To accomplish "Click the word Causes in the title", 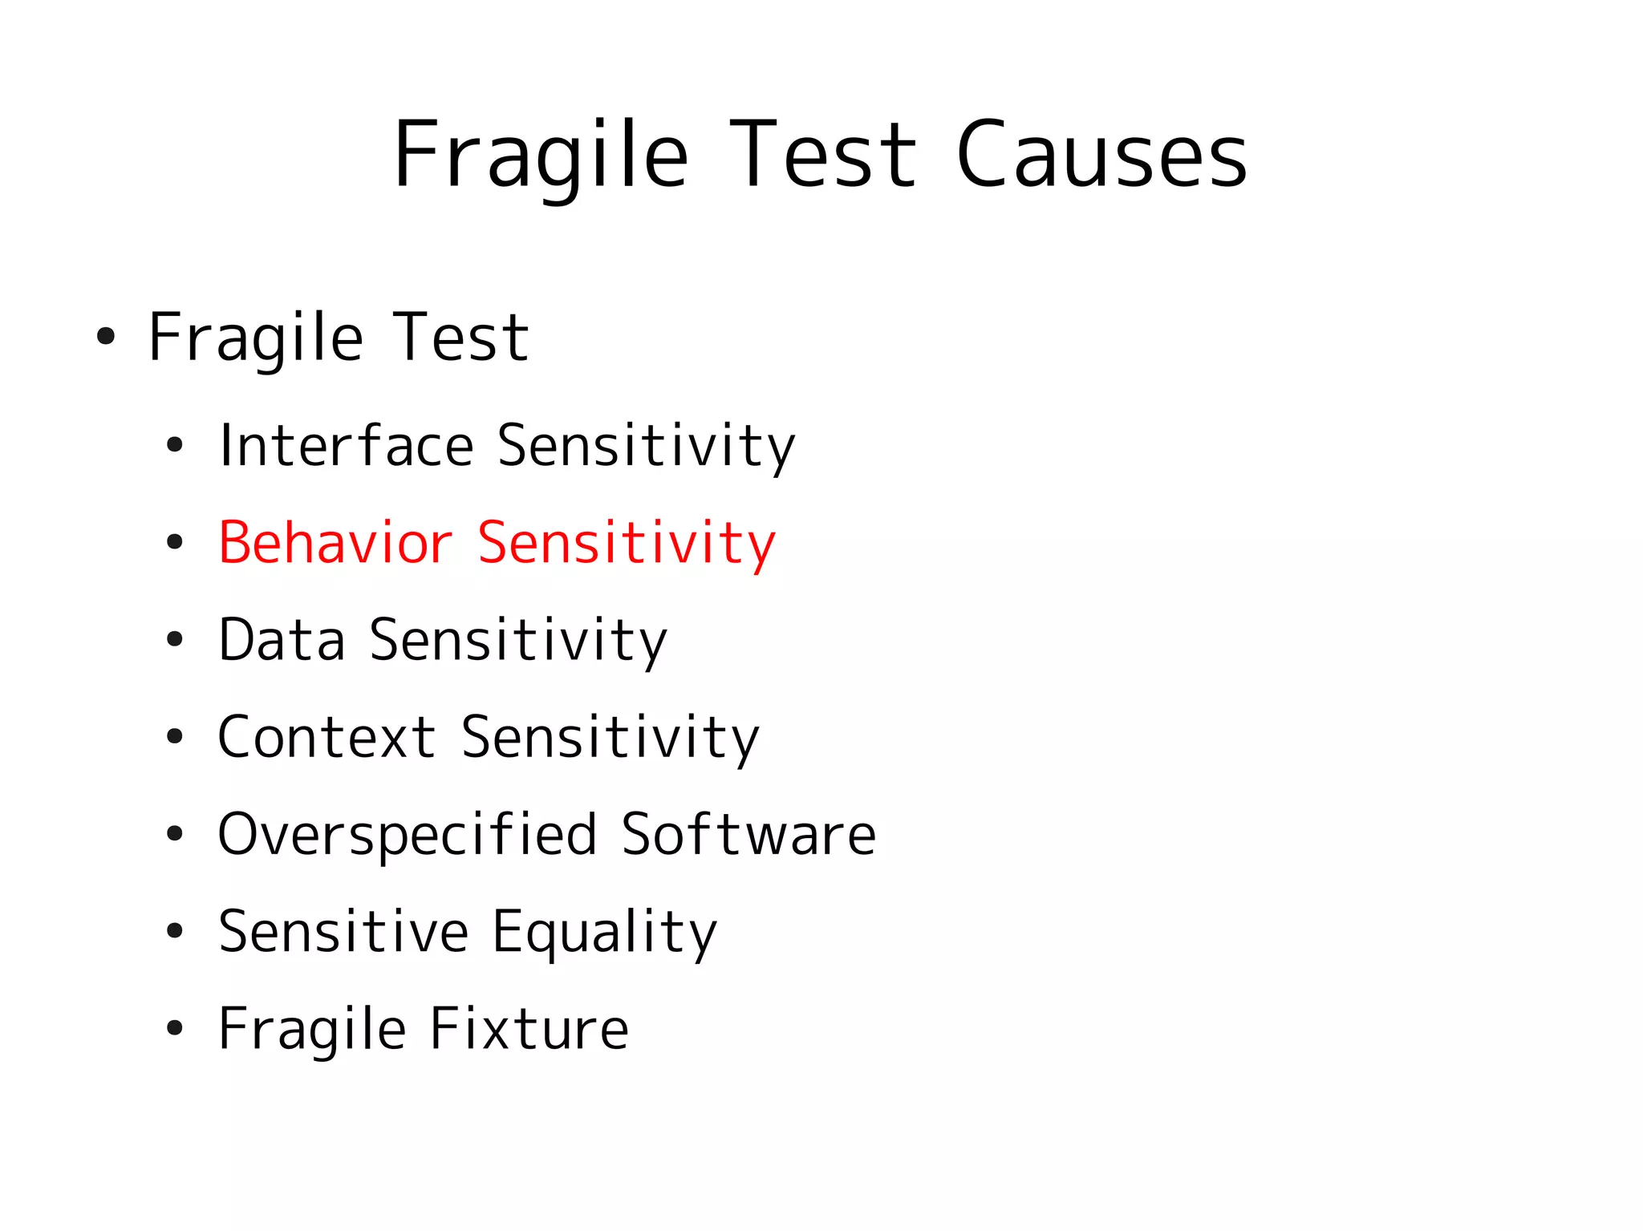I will (1101, 155).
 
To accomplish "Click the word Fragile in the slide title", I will (540, 155).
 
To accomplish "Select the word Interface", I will (346, 446).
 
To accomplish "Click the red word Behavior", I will (335, 543).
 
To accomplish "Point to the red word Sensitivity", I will (627, 543).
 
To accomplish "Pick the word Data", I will (282, 640).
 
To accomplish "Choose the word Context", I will (327, 737).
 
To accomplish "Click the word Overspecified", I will (408, 835).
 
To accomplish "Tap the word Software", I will (748, 835).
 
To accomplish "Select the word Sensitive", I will (343, 932).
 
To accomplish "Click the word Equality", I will (604, 932).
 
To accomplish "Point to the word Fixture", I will (529, 1029).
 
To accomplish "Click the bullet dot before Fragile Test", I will (105, 337).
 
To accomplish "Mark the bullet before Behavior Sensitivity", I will (175, 543).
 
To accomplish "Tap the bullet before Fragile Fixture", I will (175, 1029).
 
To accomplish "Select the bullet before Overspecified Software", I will (175, 835).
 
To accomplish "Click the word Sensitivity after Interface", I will (646, 446).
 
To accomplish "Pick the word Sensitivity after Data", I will (518, 640).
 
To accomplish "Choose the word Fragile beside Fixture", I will (312, 1029).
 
